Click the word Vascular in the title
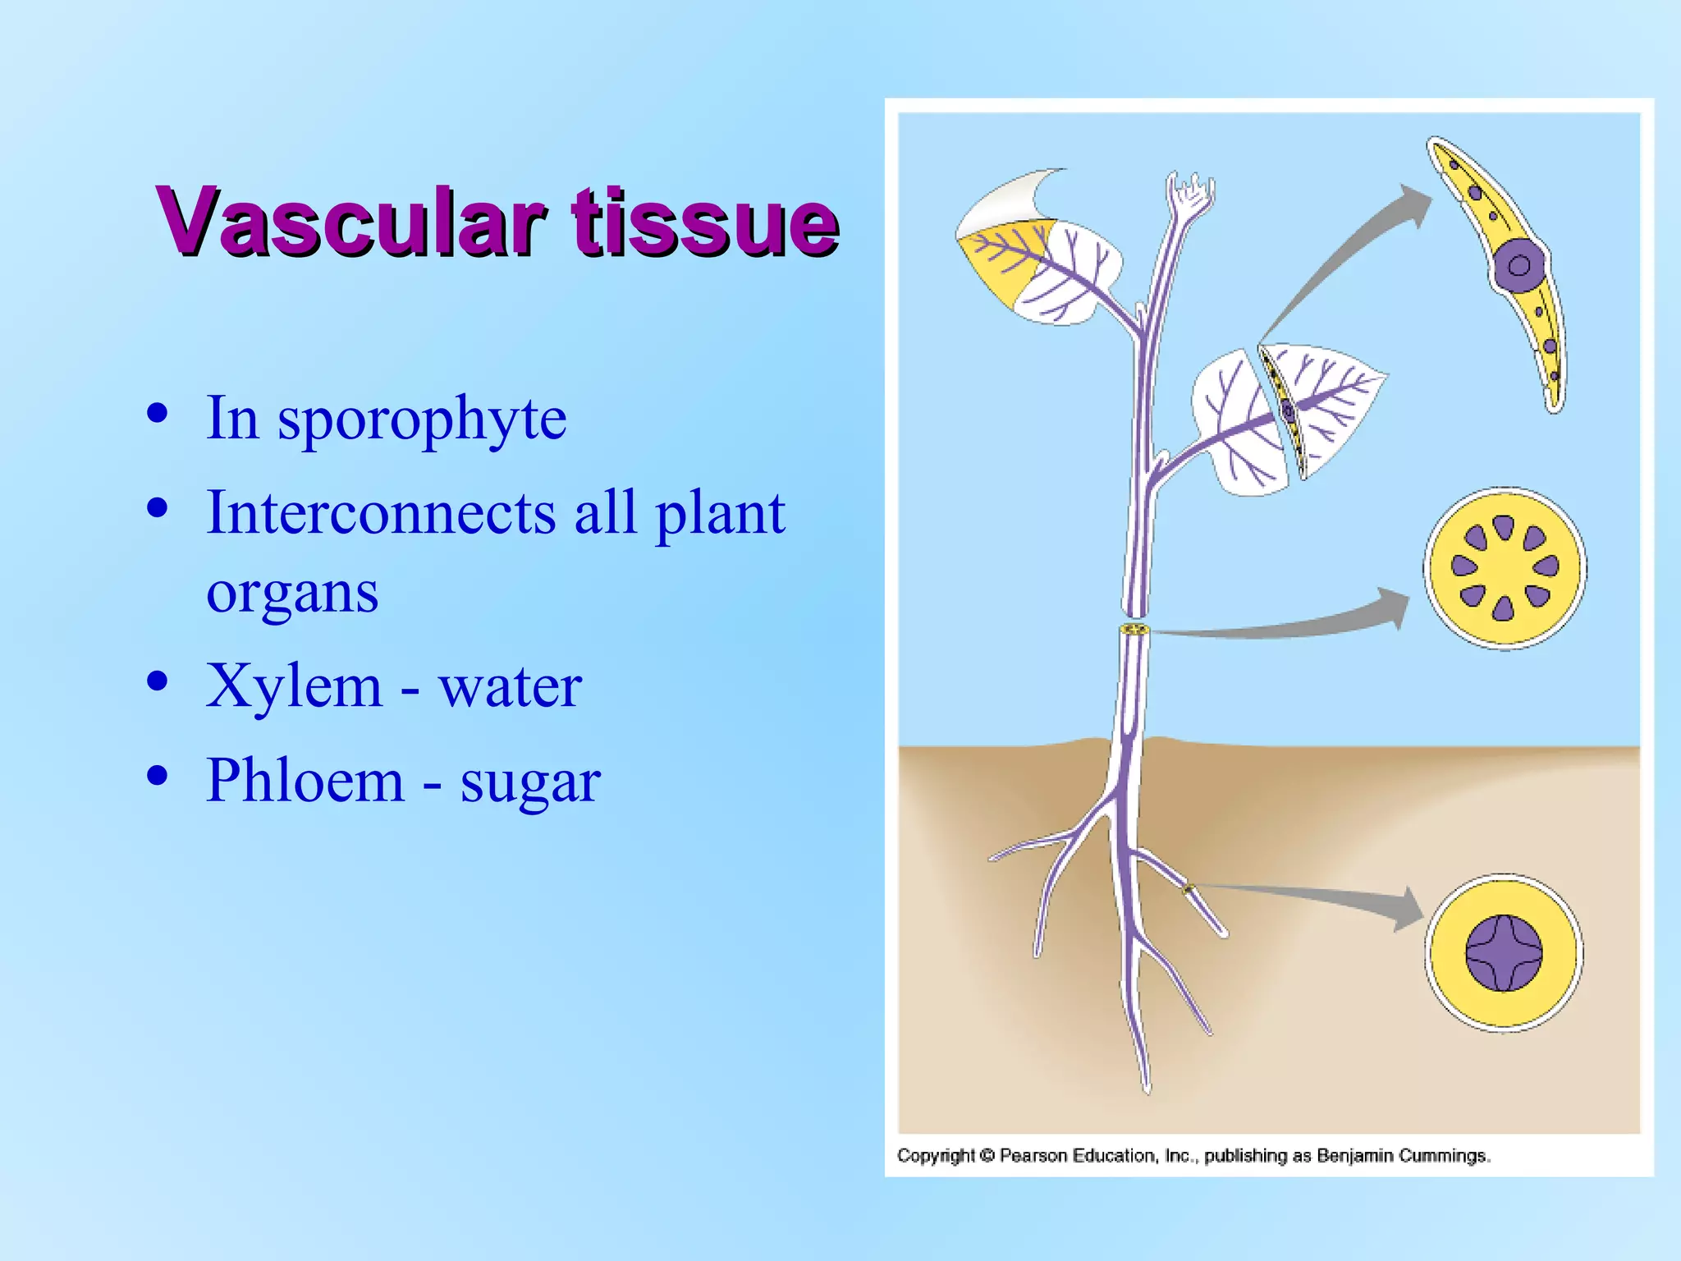[x=351, y=222]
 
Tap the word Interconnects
[x=381, y=513]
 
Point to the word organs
[x=292, y=593]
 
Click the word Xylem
[x=294, y=686]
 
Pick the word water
[x=510, y=687]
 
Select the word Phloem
[x=305, y=780]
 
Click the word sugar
[x=530, y=782]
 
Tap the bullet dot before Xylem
[x=158, y=681]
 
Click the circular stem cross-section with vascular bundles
[x=1505, y=568]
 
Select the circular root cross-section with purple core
[x=1504, y=953]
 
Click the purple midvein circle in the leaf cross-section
[x=1518, y=265]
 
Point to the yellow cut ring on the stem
[x=1134, y=630]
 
